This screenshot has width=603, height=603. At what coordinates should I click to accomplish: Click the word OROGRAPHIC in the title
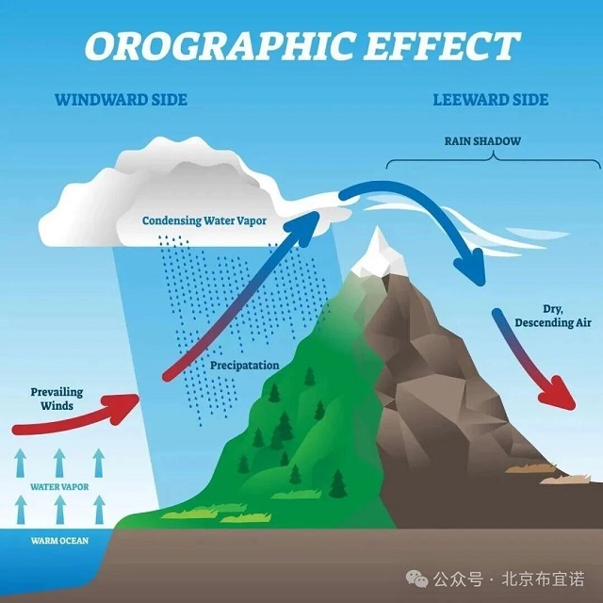click(220, 46)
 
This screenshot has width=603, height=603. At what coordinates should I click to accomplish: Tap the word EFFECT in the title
click(442, 46)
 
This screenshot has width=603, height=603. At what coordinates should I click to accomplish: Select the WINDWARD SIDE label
click(122, 100)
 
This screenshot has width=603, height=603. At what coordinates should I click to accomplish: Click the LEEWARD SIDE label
click(491, 100)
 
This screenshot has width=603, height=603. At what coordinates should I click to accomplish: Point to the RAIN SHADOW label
click(482, 141)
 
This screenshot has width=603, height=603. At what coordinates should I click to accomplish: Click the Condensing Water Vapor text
click(204, 220)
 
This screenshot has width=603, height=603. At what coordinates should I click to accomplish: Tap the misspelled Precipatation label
click(245, 366)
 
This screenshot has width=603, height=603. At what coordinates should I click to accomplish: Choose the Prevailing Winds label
click(57, 399)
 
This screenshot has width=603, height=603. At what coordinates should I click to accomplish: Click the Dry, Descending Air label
click(553, 317)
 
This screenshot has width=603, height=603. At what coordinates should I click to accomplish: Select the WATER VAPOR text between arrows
click(59, 487)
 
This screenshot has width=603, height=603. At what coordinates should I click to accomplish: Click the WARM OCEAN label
click(59, 541)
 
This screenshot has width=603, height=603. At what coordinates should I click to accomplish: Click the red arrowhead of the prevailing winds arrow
click(125, 408)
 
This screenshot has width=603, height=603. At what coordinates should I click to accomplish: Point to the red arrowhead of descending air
click(559, 394)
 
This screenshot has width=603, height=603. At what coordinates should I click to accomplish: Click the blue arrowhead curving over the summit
click(471, 267)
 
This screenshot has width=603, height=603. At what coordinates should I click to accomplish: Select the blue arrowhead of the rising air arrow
click(302, 228)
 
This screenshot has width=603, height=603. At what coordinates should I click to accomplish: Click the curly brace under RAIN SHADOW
click(494, 160)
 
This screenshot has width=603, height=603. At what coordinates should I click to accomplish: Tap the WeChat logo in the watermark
click(416, 579)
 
